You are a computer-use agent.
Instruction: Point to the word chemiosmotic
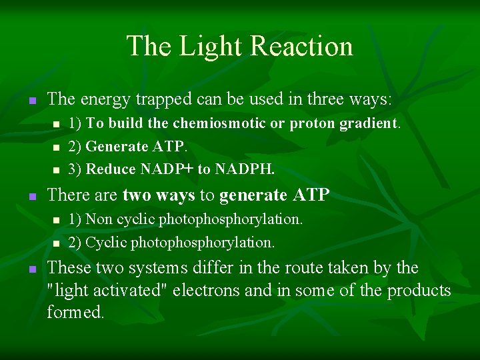(x=217, y=123)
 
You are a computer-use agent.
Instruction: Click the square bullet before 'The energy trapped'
(x=31, y=101)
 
